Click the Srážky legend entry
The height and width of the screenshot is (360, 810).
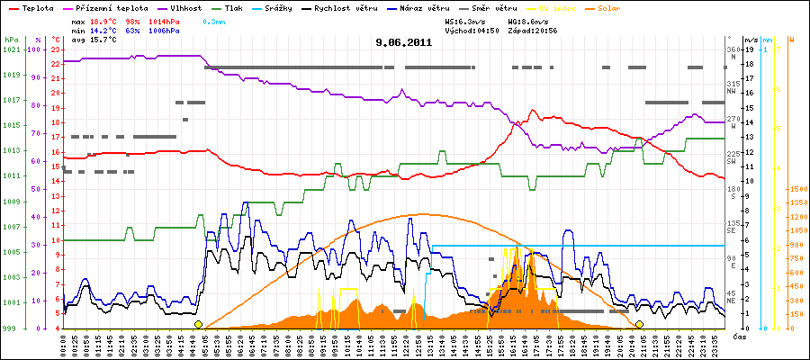(x=274, y=7)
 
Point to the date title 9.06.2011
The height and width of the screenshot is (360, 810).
(x=404, y=42)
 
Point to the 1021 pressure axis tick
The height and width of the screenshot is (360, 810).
(x=11, y=49)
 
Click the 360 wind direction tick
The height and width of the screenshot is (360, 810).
(x=731, y=49)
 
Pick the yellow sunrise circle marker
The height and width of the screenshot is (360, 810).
(x=198, y=324)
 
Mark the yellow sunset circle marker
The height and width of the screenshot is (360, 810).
(x=639, y=324)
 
